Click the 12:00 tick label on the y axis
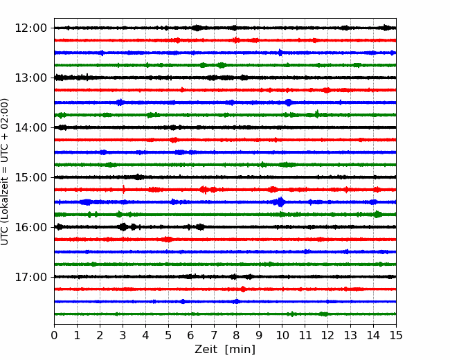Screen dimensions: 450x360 pyautogui.click(x=30, y=28)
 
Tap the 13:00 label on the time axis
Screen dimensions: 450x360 pyautogui.click(x=30, y=78)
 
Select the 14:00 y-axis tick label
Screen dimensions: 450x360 pyautogui.click(x=30, y=127)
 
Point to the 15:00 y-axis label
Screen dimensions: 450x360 pyautogui.click(x=30, y=177)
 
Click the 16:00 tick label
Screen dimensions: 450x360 pyautogui.click(x=30, y=227)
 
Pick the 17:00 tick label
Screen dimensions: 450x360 pyautogui.click(x=30, y=277)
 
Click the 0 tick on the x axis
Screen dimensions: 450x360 pyautogui.click(x=54, y=335)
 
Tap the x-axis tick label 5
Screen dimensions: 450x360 pyautogui.click(x=168, y=335)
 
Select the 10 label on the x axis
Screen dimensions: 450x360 pyautogui.click(x=282, y=335)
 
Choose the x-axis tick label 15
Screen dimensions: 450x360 pyautogui.click(x=396, y=335)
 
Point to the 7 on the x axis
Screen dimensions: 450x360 pyautogui.click(x=214, y=335)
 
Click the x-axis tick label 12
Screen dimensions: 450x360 pyautogui.click(x=327, y=335)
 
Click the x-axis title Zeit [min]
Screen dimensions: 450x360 pyautogui.click(x=225, y=350)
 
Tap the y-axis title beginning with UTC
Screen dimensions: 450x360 pyautogui.click(x=5, y=172)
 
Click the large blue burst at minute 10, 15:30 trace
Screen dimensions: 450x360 pyautogui.click(x=280, y=202)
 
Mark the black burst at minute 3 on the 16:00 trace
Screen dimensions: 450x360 pyautogui.click(x=123, y=227)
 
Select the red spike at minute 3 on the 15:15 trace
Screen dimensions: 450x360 pyautogui.click(x=124, y=190)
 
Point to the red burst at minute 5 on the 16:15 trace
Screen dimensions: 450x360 pyautogui.click(x=167, y=239)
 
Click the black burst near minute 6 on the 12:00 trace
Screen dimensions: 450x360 pyautogui.click(x=197, y=28)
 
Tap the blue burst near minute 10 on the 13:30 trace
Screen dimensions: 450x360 pyautogui.click(x=289, y=102)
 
